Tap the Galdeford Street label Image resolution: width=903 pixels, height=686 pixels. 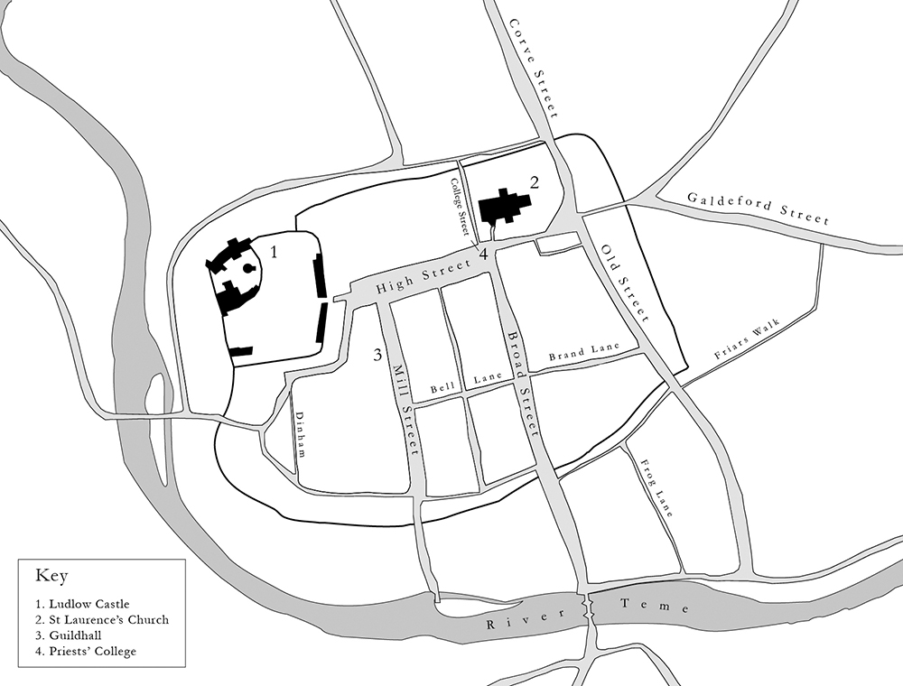click(x=757, y=208)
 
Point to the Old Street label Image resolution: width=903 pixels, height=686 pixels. click(x=625, y=283)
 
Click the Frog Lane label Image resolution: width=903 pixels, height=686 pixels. click(x=656, y=487)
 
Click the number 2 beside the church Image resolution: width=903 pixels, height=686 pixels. click(x=535, y=182)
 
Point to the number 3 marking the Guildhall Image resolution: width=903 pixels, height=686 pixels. click(x=377, y=355)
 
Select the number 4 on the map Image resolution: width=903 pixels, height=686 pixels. click(x=484, y=255)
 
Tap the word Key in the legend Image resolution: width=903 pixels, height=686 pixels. click(x=51, y=575)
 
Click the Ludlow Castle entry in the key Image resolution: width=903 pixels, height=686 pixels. click(x=82, y=603)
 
